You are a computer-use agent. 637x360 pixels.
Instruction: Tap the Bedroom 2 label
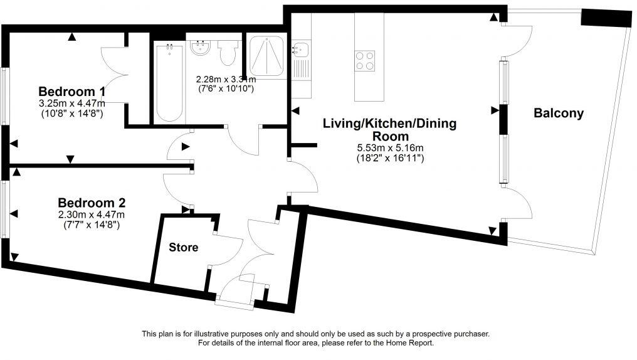pyautogui.click(x=92, y=203)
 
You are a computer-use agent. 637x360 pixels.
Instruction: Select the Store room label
pyautogui.click(x=183, y=247)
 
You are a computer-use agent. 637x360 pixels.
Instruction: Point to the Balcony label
pyautogui.click(x=559, y=113)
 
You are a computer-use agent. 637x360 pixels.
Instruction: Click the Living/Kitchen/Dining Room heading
pyautogui.click(x=389, y=130)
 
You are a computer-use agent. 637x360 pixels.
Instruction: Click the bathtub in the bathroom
pyautogui.click(x=169, y=83)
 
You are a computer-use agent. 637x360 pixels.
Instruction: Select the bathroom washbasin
pyautogui.click(x=200, y=48)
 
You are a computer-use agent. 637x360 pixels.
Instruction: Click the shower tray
pyautogui.click(x=266, y=56)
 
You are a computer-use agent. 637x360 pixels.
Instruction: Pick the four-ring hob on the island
pyautogui.click(x=364, y=61)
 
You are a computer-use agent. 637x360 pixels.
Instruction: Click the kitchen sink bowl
pyautogui.click(x=300, y=50)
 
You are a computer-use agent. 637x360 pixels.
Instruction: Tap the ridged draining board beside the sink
pyautogui.click(x=301, y=68)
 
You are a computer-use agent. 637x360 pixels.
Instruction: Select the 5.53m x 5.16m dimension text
pyautogui.click(x=390, y=148)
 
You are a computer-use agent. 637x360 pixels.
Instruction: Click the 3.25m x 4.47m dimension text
pyautogui.click(x=72, y=104)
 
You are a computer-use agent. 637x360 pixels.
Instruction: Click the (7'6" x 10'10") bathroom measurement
pyautogui.click(x=226, y=88)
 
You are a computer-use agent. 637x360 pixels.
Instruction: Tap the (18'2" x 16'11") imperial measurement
pyautogui.click(x=390, y=158)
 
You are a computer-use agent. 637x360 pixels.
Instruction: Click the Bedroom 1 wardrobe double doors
pyautogui.click(x=115, y=75)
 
